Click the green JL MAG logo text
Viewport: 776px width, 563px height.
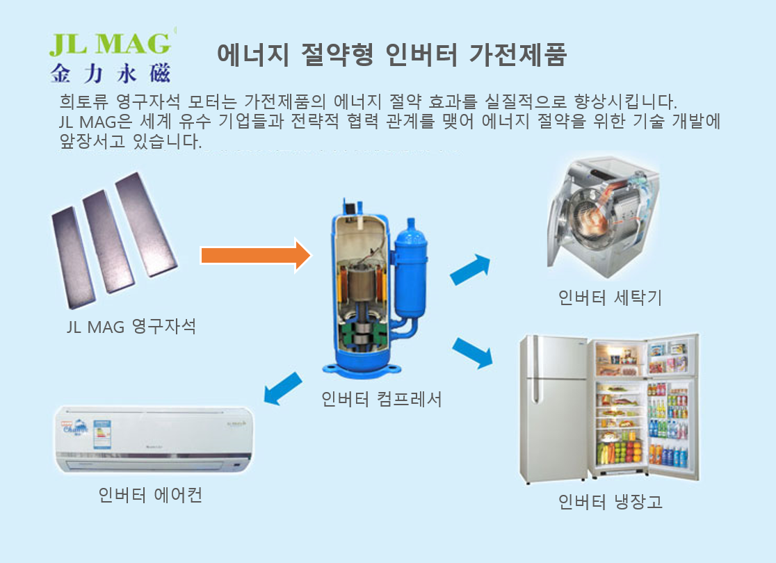pyautogui.click(x=109, y=43)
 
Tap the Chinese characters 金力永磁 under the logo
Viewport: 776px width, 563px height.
pyautogui.click(x=110, y=72)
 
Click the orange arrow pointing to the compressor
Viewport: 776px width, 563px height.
pyautogui.click(x=254, y=256)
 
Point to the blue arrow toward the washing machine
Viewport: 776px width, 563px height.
pyautogui.click(x=471, y=270)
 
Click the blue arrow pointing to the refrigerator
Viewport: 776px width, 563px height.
pyautogui.click(x=472, y=352)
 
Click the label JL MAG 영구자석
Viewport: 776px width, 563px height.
pyautogui.click(x=131, y=326)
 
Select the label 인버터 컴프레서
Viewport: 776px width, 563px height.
pyautogui.click(x=381, y=399)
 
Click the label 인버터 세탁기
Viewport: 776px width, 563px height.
pyautogui.click(x=610, y=297)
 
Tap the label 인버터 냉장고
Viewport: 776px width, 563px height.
pyautogui.click(x=610, y=501)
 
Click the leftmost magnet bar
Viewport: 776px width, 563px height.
pyautogui.click(x=72, y=257)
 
